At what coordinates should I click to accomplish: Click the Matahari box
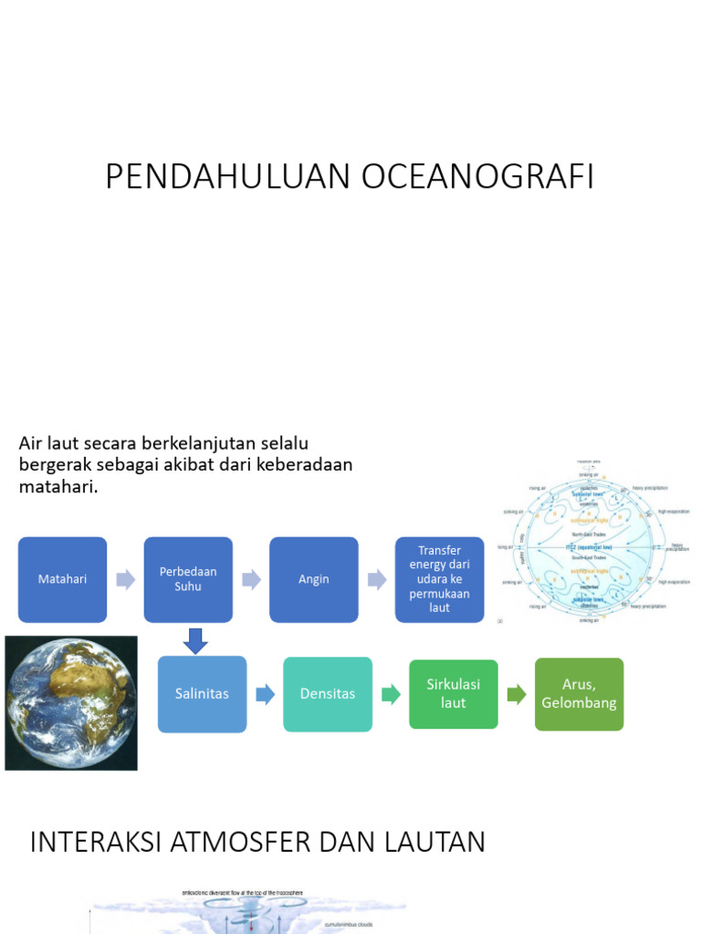(62, 579)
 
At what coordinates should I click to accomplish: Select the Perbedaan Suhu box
(188, 579)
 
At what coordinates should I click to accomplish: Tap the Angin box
(313, 579)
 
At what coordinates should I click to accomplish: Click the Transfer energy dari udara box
(439, 579)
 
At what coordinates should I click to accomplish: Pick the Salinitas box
(202, 694)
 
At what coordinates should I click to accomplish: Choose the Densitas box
(328, 694)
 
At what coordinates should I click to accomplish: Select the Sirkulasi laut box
(453, 694)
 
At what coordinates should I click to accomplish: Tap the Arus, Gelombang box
(579, 694)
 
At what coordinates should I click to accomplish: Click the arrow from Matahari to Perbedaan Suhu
(125, 579)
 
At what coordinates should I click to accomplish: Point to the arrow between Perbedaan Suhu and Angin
(251, 579)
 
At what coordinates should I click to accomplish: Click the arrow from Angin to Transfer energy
(376, 579)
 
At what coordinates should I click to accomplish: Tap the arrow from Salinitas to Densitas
(265, 695)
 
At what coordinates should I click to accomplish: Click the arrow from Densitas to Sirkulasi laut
(391, 695)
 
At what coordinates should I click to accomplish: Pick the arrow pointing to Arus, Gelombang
(517, 695)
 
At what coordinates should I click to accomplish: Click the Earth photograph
(71, 702)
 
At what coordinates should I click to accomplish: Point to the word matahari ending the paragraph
(56, 487)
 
